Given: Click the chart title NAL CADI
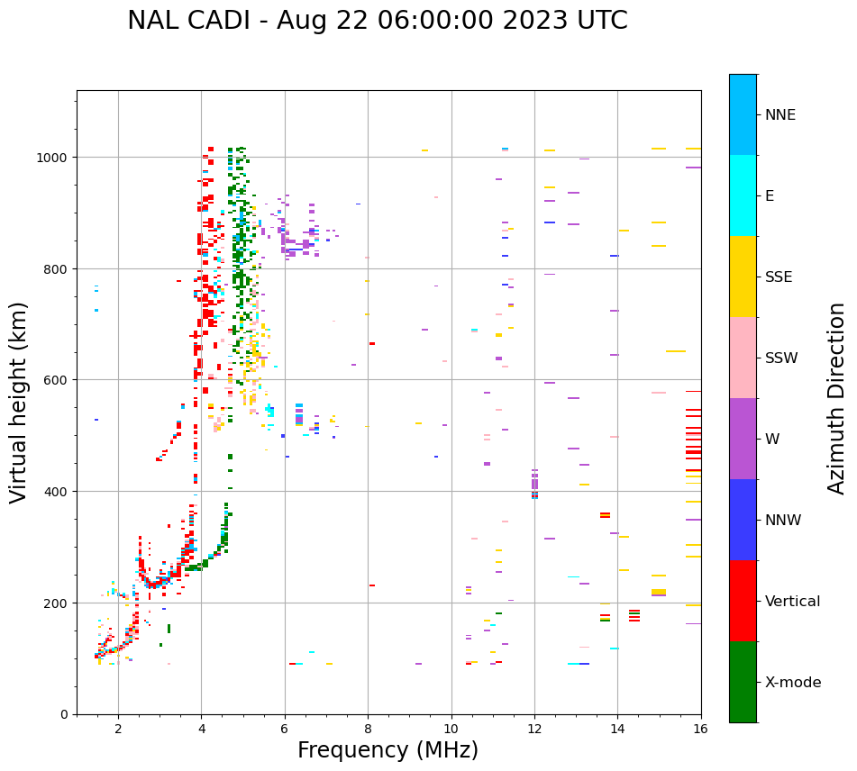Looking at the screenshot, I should point(377,21).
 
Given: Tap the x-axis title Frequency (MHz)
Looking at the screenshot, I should point(387,750).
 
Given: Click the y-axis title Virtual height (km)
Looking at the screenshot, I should point(19,402).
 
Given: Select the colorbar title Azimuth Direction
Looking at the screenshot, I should point(837,398).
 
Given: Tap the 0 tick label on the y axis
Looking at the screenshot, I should point(64,714).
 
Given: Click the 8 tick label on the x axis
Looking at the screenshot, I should point(368,729).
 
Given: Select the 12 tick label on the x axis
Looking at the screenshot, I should point(534,729).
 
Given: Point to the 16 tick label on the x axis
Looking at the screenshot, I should point(701,729).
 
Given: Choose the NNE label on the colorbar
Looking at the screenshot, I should point(780,115).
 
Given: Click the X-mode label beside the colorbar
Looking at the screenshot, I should point(793,683).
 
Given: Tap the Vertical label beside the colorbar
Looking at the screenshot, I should point(792,602).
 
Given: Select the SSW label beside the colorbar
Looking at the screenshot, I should point(781,358).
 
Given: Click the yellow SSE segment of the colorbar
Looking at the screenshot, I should point(743,277).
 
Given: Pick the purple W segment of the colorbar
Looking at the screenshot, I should point(743,439).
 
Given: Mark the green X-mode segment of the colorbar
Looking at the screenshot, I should point(743,682).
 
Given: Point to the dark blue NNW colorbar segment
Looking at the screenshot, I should point(743,520).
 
